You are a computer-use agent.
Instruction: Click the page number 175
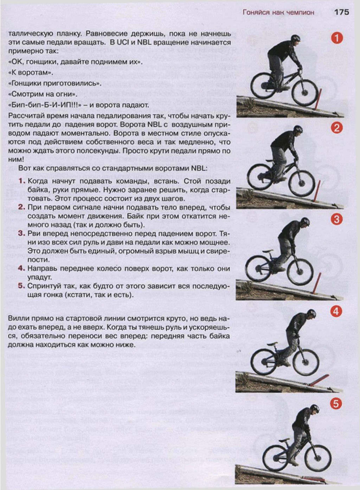(x=341, y=12)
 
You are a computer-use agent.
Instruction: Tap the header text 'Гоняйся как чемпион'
(x=278, y=13)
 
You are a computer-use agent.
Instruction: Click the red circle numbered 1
(x=336, y=38)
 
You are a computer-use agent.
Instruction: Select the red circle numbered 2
(x=336, y=128)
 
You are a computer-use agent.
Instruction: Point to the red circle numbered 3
(x=336, y=219)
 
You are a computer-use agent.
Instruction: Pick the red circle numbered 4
(x=336, y=311)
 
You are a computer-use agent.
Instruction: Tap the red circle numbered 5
(x=336, y=403)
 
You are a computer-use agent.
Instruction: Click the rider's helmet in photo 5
(x=314, y=408)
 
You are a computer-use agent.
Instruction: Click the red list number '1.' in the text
(x=22, y=181)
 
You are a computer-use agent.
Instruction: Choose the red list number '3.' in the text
(x=22, y=234)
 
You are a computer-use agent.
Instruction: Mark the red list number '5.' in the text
(x=22, y=286)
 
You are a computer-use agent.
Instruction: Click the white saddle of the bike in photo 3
(x=268, y=251)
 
